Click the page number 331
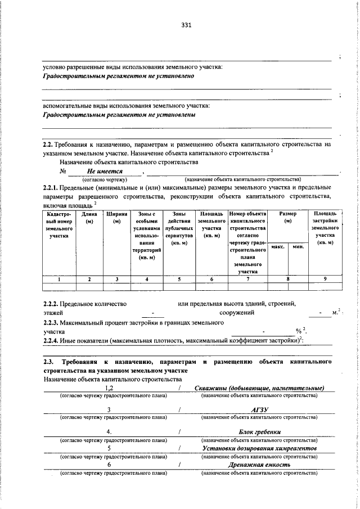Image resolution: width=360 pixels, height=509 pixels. [x=187, y=25]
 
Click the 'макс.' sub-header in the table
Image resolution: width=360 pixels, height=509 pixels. [x=277, y=247]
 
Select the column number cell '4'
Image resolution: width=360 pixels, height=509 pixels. [x=146, y=278]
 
